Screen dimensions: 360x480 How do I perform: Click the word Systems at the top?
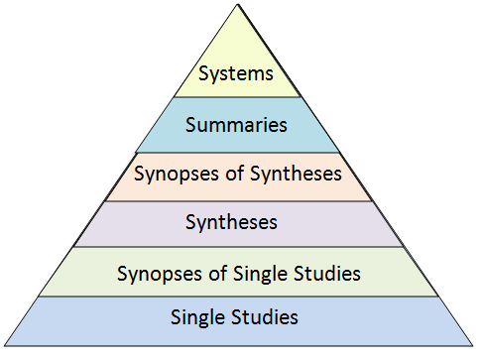click(x=236, y=72)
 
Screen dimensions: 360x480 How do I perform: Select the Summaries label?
click(x=236, y=125)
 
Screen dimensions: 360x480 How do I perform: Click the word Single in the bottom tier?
click(x=198, y=318)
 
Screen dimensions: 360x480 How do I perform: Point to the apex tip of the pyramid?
click(x=238, y=5)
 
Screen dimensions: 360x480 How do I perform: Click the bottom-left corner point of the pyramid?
click(x=4, y=345)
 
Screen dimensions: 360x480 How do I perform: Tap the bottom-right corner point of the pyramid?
click(x=473, y=345)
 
